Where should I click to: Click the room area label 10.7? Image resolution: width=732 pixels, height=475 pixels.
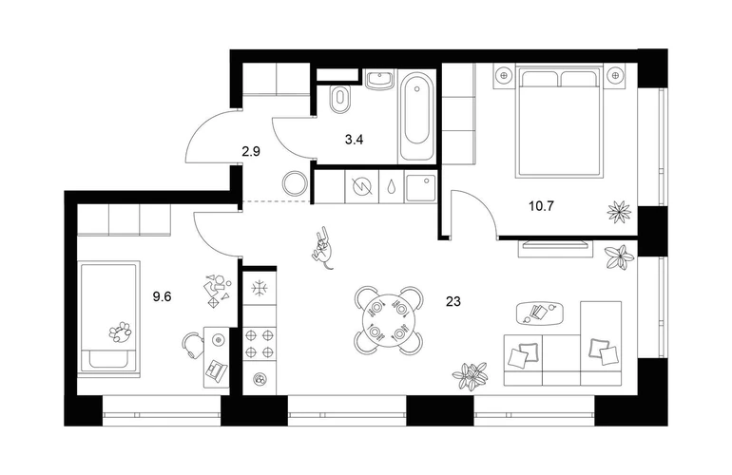(x=541, y=206)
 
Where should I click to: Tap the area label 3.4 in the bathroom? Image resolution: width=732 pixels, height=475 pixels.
(x=355, y=139)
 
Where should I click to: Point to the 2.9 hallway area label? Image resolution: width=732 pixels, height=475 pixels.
(x=251, y=151)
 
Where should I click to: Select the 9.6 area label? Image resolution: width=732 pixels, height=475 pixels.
(x=162, y=296)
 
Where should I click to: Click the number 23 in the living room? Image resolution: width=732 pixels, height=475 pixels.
(x=453, y=301)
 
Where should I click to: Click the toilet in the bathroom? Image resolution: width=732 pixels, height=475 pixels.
(x=339, y=99)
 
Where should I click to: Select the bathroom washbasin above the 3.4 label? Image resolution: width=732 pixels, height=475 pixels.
(x=380, y=80)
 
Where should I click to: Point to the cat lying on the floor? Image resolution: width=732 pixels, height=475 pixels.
(x=322, y=249)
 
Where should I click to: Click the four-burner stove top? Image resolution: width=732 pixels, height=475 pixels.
(x=260, y=343)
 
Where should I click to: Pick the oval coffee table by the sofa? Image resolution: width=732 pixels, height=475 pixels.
(x=540, y=313)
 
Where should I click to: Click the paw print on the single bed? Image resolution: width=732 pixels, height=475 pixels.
(x=121, y=332)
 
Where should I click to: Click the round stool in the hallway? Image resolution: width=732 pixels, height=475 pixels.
(x=296, y=183)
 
